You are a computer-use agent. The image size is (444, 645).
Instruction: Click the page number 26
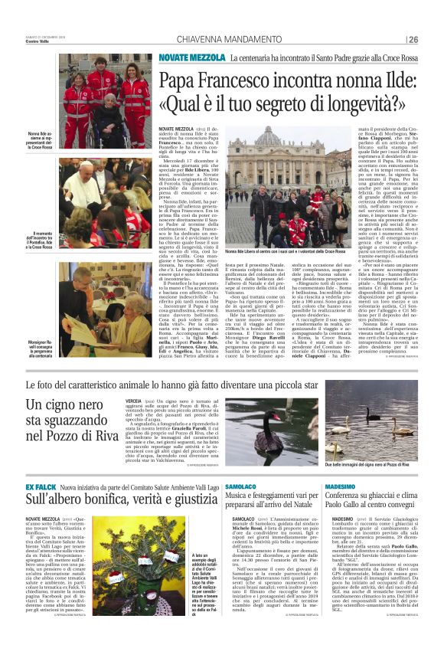pos(413,39)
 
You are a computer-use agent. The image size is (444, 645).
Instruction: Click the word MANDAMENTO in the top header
pos(242,39)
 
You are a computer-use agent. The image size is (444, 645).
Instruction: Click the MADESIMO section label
pos(349,486)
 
